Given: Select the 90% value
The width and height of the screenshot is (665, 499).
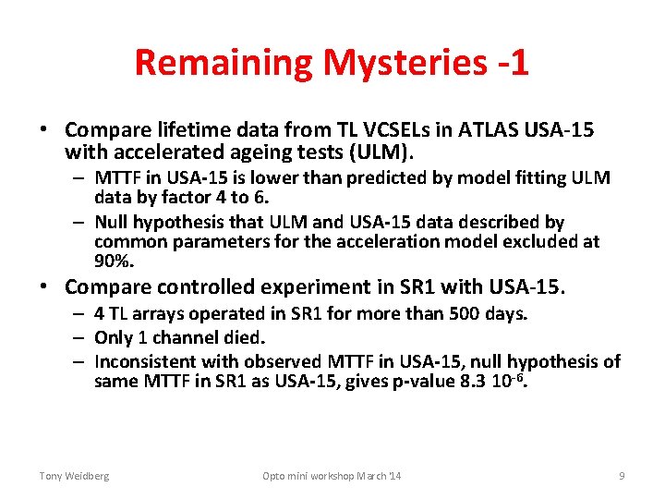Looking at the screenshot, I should (114, 262).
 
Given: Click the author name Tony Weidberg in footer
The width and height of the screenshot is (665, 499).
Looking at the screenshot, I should (74, 476).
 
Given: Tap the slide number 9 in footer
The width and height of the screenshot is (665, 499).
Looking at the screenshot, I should (622, 476).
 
